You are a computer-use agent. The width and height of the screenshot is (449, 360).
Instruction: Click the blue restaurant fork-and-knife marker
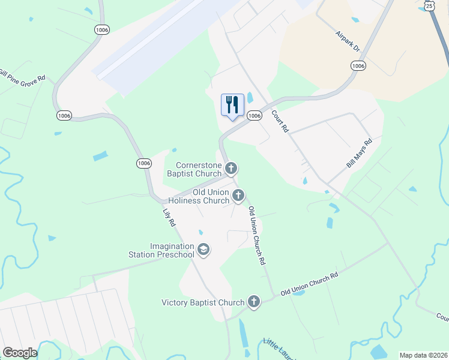tap(232, 105)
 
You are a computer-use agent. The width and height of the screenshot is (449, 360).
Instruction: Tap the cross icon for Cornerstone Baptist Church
tap(231, 167)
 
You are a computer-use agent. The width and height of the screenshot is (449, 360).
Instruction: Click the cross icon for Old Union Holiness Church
tap(238, 194)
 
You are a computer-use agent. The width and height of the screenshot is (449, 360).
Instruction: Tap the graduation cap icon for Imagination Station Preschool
tap(203, 250)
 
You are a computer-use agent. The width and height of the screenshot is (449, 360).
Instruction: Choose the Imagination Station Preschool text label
tap(164, 250)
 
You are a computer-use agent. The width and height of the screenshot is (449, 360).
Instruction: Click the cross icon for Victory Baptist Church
tap(254, 301)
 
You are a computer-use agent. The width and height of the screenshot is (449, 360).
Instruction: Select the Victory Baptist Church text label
tap(203, 302)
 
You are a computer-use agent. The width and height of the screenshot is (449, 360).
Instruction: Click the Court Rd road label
tap(280, 121)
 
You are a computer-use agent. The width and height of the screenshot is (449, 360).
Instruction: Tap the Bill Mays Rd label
tap(360, 153)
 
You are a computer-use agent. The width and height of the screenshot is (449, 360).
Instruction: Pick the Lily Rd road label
tap(169, 216)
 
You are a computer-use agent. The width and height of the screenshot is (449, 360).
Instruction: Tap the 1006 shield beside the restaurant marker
tap(255, 115)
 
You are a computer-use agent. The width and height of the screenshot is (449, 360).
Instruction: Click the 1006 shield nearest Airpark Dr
tap(358, 65)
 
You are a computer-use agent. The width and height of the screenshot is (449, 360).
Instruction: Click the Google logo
tap(20, 353)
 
